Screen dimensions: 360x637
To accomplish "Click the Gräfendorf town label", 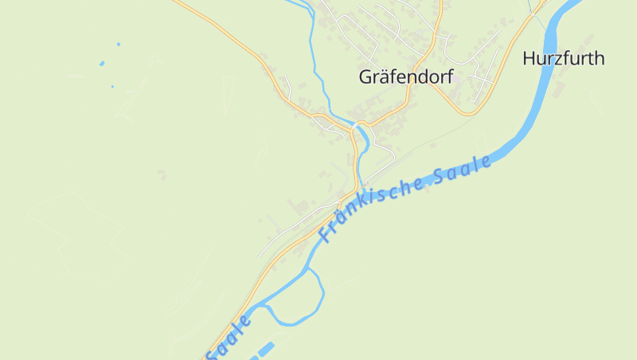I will [405, 76].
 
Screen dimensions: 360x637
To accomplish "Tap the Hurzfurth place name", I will [563, 58].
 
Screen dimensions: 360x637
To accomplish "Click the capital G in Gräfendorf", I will [366, 76].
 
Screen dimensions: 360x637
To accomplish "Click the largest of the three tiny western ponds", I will [102, 63].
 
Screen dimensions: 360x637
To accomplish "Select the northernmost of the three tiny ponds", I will [119, 44].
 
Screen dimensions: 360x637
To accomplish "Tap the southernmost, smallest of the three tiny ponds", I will [112, 86].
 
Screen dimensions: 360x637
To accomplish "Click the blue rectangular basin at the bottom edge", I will [263, 350].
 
